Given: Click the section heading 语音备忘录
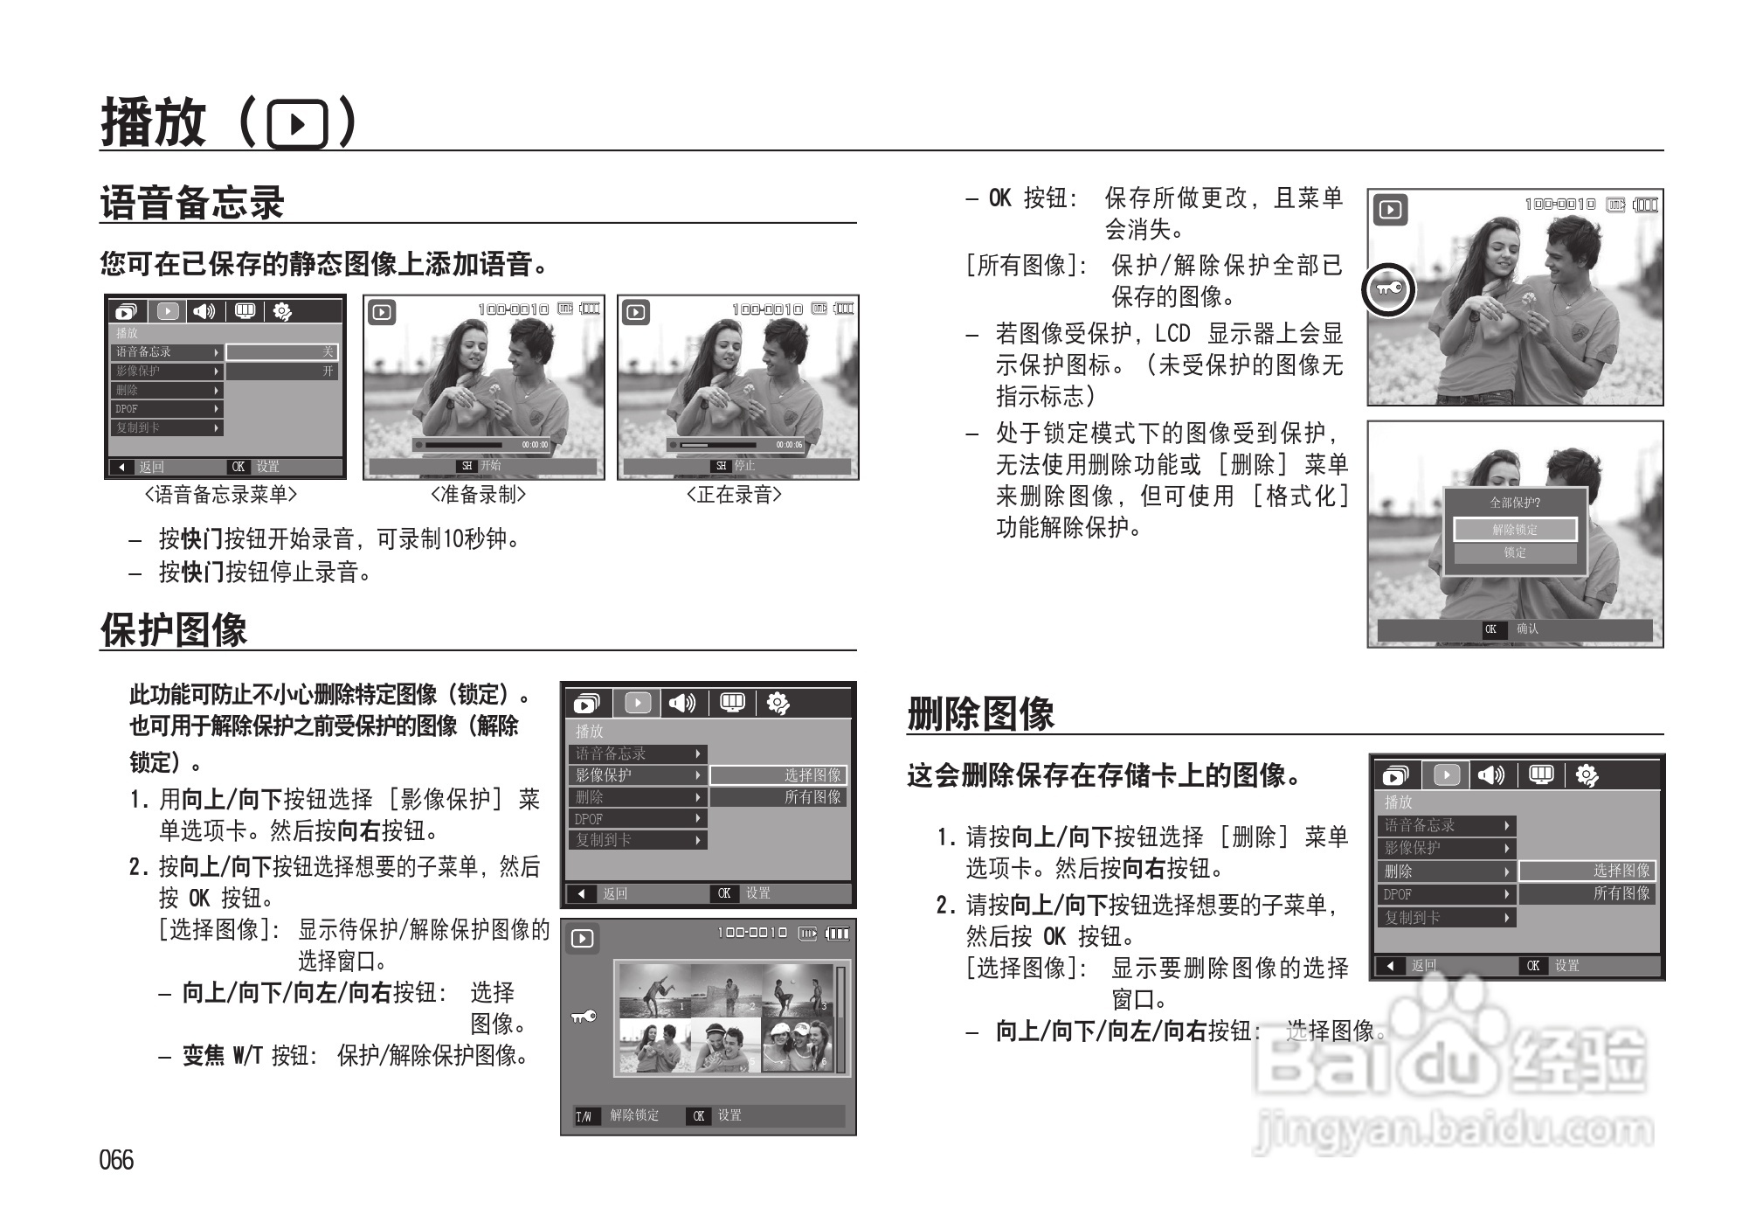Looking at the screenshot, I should (192, 203).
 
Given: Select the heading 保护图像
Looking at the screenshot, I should (174, 629).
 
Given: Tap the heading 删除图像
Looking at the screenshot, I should (980, 713).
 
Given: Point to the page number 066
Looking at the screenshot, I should (116, 1160).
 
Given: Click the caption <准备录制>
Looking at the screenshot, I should (479, 495).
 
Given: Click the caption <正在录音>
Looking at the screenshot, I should (734, 495).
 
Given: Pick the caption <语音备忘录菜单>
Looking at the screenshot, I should (221, 495).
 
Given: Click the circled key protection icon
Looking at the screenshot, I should (1387, 288).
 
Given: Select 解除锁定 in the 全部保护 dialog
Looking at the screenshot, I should (1515, 530).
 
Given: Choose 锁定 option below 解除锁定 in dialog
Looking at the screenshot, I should (1515, 552).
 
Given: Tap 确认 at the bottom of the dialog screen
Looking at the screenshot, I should (1527, 628).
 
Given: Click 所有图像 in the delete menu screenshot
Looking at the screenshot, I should (1621, 893).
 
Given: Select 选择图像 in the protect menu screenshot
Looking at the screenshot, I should (812, 775).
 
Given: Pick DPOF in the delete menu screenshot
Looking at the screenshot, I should (1398, 894).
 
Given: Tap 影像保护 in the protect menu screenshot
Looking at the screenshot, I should (604, 775).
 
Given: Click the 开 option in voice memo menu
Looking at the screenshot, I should (328, 371).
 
